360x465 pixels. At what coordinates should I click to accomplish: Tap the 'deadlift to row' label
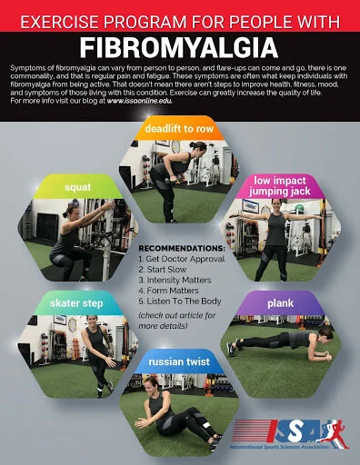(x=181, y=128)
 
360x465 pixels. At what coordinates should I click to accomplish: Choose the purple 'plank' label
(x=282, y=302)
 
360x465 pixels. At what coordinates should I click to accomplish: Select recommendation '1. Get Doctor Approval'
(x=181, y=259)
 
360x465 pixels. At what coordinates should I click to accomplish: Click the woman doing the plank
(x=282, y=341)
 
